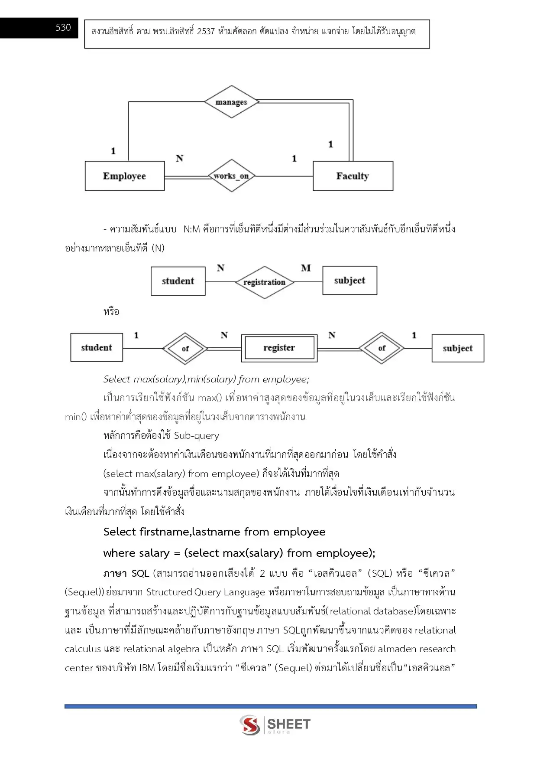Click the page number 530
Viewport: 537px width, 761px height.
tap(63, 28)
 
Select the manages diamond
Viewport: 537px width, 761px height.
tap(232, 102)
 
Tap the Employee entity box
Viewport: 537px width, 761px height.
tap(125, 176)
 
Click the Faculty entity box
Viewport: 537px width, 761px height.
tap(353, 176)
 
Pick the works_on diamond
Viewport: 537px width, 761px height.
tap(232, 176)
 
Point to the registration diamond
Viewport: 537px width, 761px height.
tap(265, 282)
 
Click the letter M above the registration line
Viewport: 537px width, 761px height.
tap(306, 268)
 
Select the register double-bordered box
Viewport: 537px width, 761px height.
tap(279, 348)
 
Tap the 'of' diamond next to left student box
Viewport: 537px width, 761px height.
tap(185, 348)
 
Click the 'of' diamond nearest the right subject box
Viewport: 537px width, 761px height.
tap(382, 348)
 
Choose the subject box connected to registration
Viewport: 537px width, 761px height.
tap(349, 281)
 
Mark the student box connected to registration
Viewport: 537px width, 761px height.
tap(178, 281)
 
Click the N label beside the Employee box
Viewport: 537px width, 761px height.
tap(180, 159)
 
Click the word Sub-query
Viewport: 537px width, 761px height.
tap(196, 435)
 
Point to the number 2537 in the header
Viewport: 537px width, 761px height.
tap(206, 31)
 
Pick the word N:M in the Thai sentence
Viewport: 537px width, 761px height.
tap(191, 229)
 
